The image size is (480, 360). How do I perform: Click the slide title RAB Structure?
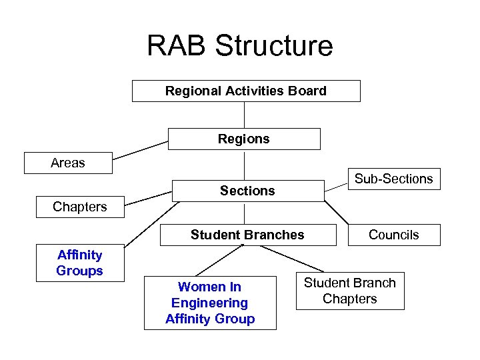[x=239, y=46]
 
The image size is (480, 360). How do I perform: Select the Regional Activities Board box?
[x=246, y=91]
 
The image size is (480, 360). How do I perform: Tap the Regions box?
[x=244, y=139]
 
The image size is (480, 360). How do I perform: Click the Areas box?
[x=68, y=163]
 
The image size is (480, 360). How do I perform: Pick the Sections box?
[x=247, y=191]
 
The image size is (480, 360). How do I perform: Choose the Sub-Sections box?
[x=393, y=179]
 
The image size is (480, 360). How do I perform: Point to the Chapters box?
[x=80, y=207]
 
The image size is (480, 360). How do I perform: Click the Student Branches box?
[x=247, y=235]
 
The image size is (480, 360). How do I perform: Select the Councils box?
[x=393, y=235]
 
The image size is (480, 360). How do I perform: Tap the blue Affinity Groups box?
[x=80, y=263]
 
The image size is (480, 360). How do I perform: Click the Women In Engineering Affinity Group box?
[x=210, y=303]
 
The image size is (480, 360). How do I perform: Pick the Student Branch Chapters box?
[x=350, y=291]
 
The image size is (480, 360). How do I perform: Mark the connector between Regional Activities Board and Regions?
[x=245, y=115]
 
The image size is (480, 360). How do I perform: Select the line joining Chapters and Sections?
[x=149, y=197]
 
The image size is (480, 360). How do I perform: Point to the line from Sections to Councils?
[x=337, y=212]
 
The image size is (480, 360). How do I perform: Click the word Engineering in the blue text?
[x=210, y=303]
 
